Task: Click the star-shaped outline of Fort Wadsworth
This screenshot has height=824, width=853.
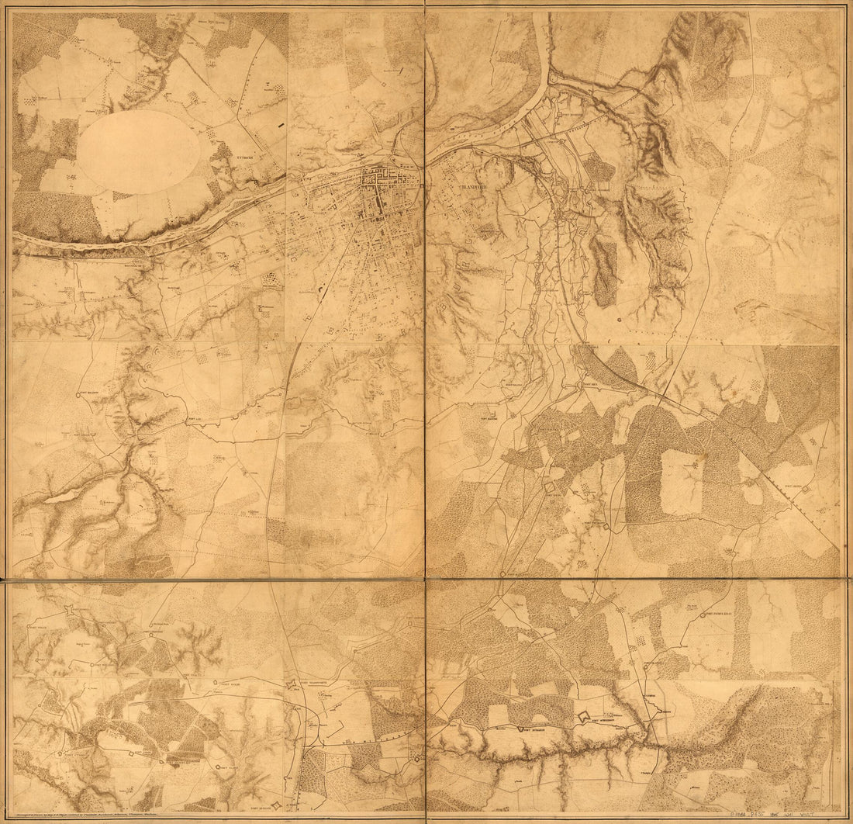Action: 293,686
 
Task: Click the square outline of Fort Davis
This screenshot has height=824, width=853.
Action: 551,486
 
